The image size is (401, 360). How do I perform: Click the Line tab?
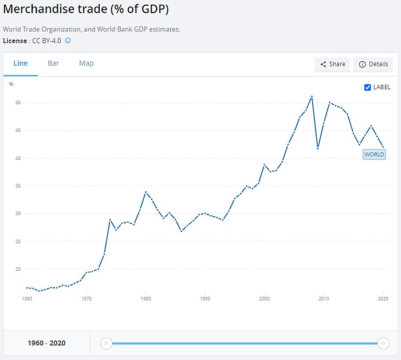(x=21, y=64)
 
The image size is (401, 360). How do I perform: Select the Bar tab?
(x=53, y=64)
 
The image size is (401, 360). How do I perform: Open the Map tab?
(x=87, y=64)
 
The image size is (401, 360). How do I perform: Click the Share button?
(x=332, y=64)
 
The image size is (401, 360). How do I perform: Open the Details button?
(x=373, y=64)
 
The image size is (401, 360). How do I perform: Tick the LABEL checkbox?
(x=368, y=87)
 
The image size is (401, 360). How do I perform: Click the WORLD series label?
(x=374, y=154)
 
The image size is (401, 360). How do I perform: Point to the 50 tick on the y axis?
(x=18, y=103)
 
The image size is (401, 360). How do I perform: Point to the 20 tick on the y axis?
(x=18, y=269)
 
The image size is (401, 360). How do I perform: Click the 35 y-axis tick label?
(x=18, y=186)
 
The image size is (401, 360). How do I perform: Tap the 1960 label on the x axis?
(x=27, y=299)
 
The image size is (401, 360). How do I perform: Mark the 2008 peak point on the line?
(x=312, y=97)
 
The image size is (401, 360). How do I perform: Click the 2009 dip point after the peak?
(x=318, y=148)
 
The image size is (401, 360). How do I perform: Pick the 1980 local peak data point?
(x=146, y=192)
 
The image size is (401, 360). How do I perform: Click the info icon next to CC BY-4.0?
(x=68, y=41)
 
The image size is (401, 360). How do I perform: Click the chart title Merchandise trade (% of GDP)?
(x=86, y=10)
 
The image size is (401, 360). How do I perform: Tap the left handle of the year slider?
(x=106, y=343)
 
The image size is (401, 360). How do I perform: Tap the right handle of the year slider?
(x=383, y=343)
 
